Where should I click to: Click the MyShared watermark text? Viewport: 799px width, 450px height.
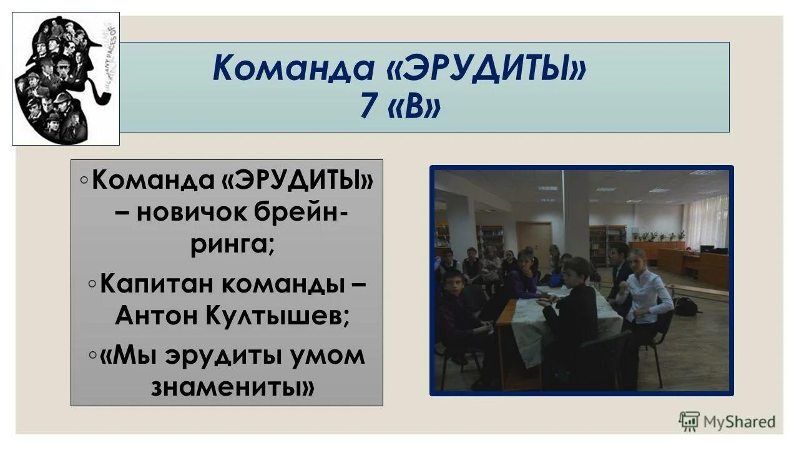(x=739, y=422)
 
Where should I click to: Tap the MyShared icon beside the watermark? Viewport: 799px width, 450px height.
(x=689, y=422)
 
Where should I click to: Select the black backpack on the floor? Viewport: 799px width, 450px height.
(x=687, y=306)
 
